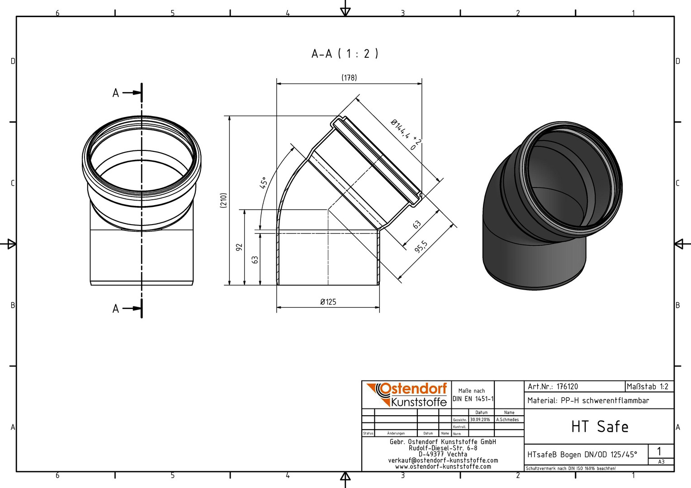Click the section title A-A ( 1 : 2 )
click(x=345, y=54)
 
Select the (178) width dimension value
click(x=349, y=77)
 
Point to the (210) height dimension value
click(x=224, y=200)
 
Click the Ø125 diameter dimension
click(x=328, y=302)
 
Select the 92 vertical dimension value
click(x=239, y=247)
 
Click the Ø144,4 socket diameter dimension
click(x=406, y=134)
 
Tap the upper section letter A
click(x=116, y=93)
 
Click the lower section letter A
click(x=116, y=309)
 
